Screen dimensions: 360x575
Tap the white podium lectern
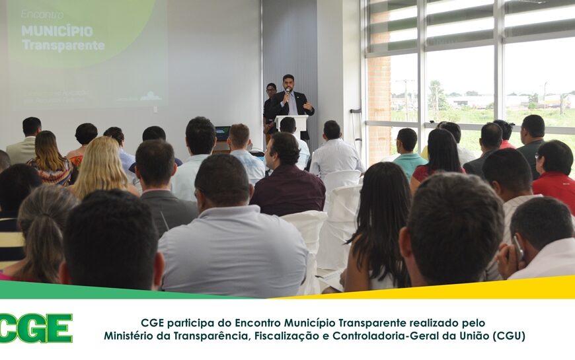tap(291, 124)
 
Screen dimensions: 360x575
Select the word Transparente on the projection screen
tap(63, 46)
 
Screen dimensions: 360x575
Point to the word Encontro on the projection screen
tap(42, 14)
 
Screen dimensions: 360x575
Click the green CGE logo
tap(36, 328)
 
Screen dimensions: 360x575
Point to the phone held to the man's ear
tap(519, 247)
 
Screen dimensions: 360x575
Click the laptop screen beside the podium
tap(223, 133)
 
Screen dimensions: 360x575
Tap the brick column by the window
tap(379, 99)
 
